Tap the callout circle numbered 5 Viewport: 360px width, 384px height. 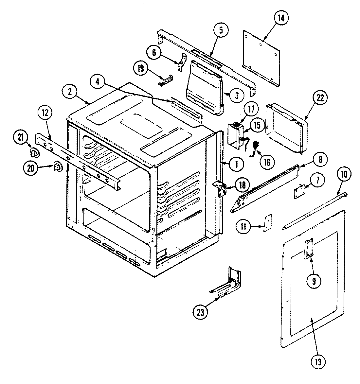pyautogui.click(x=221, y=30)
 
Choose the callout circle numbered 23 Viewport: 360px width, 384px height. pyautogui.click(x=200, y=312)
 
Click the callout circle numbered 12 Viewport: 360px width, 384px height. pyautogui.click(x=45, y=113)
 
